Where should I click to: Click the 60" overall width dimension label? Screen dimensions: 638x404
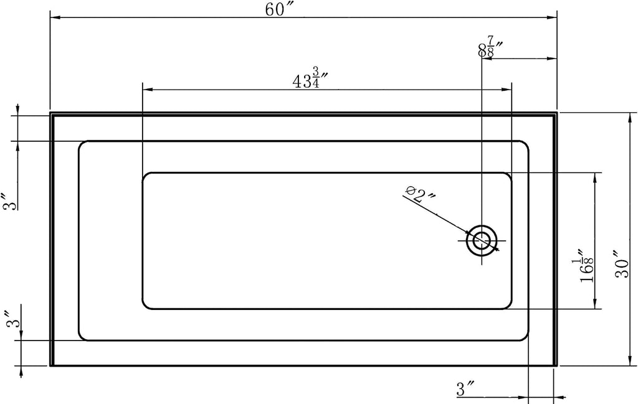coord(276,9)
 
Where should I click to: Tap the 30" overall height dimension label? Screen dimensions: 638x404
coord(622,263)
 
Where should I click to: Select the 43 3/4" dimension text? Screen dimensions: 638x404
coord(310,78)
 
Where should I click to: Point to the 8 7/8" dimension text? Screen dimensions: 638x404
coord(489,47)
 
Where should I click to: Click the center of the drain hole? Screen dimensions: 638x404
coord(482,241)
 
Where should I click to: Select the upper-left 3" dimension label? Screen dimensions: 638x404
coord(10,202)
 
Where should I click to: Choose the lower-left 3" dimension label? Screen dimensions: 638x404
coord(12,319)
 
